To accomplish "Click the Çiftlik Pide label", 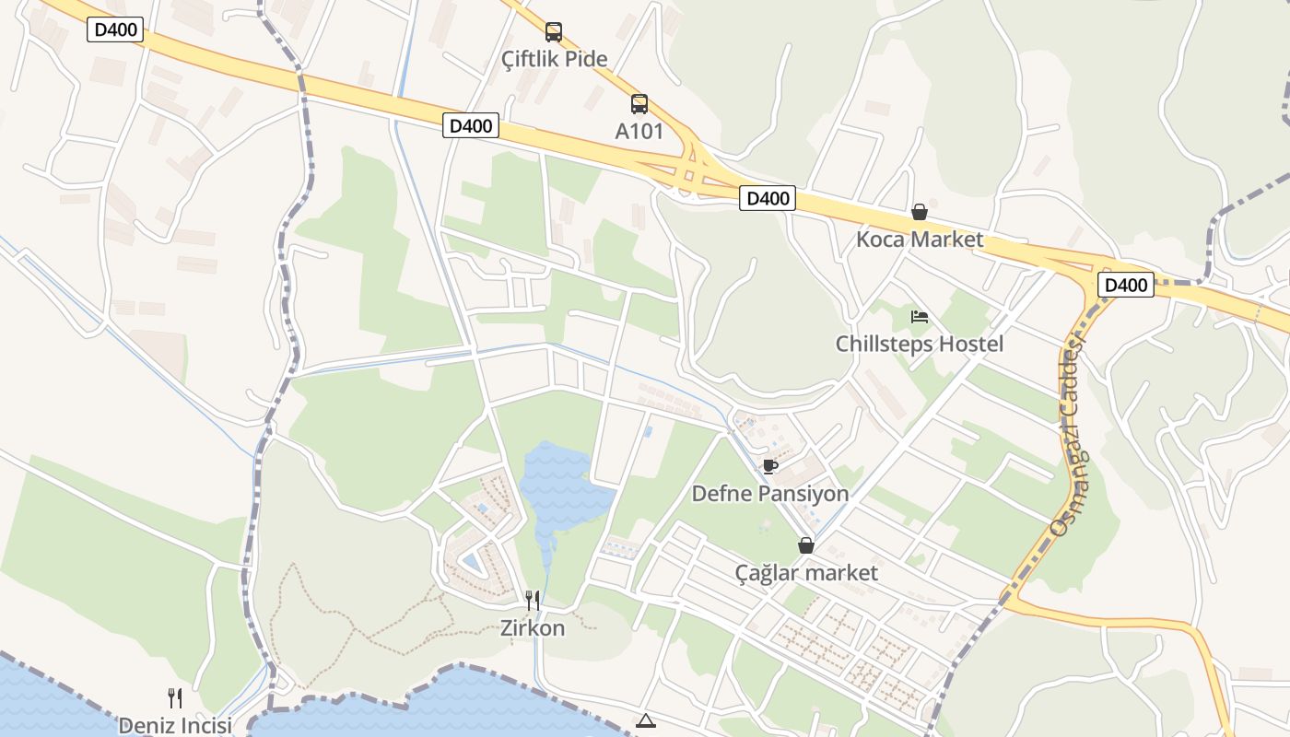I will [554, 59].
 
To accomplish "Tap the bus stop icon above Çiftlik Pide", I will [553, 32].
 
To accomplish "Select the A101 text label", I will [639, 131].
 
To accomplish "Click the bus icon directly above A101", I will [639, 104].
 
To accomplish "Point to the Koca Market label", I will [919, 240].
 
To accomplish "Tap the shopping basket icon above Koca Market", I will [919, 213].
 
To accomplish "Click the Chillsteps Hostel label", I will [919, 344].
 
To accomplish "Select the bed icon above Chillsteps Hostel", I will [919, 317].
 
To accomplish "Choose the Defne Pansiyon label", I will [769, 494].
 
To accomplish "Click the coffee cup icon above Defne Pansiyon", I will [769, 467].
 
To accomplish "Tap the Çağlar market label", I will [806, 572].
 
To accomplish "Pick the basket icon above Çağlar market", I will [806, 545].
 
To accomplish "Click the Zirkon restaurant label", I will [532, 627].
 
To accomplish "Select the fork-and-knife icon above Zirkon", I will [532, 601].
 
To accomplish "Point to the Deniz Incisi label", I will [174, 725].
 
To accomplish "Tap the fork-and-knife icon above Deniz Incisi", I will [174, 698].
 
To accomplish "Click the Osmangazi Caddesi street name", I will [1070, 433].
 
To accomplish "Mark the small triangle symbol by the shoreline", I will [645, 720].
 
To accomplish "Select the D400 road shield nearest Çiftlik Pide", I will [470, 125].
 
